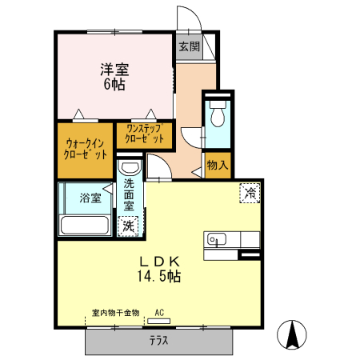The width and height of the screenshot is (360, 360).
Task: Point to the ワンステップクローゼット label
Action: point(145,134)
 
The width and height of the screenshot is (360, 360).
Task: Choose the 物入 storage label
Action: point(217,166)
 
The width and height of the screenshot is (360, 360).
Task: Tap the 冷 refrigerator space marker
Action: point(250,191)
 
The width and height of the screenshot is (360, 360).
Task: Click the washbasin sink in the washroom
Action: point(129,168)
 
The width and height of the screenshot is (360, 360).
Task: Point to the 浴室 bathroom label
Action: point(90,198)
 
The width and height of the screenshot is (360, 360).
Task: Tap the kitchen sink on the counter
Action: point(217,239)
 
